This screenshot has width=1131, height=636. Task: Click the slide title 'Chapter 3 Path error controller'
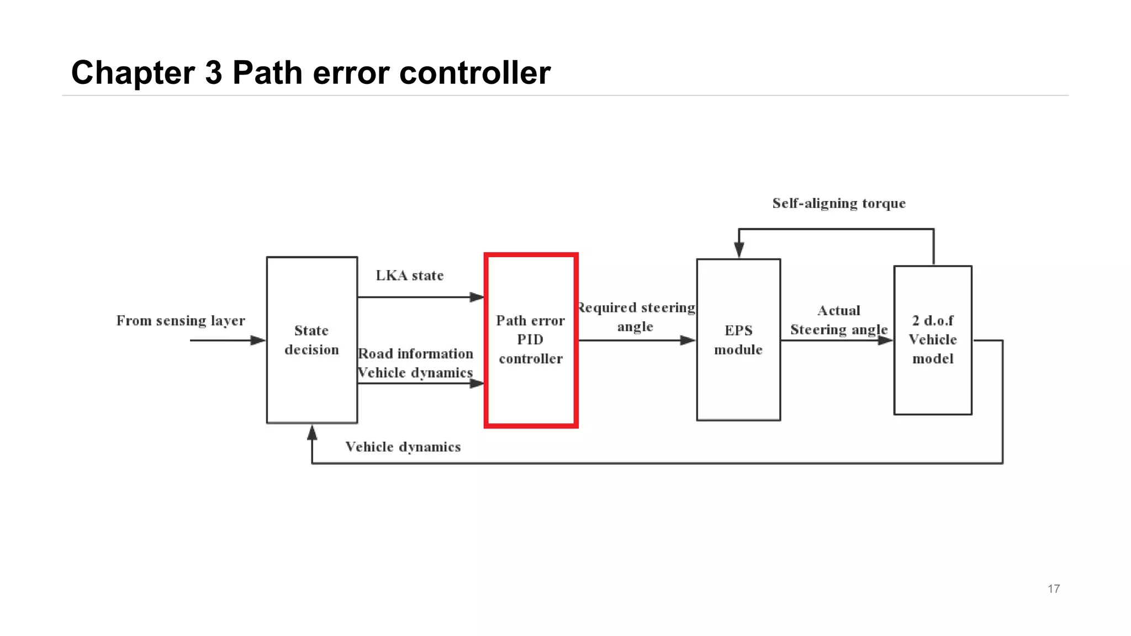coord(311,72)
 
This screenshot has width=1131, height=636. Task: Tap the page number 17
coord(1053,589)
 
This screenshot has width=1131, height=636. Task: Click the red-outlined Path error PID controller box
coord(531,386)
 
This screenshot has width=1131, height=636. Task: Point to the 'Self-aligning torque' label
coord(839,204)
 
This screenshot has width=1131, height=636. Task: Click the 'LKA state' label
coord(410,275)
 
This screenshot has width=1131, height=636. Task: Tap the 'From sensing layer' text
coord(181,321)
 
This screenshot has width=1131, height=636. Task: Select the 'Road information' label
coord(416,354)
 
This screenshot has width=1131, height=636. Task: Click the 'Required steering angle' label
coord(636,317)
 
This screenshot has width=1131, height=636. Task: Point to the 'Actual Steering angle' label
coord(839,320)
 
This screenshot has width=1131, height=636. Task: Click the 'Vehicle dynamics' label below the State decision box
coord(403,447)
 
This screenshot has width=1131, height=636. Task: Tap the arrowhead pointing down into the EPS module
coord(739,250)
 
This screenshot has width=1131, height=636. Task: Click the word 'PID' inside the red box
coord(530,340)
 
